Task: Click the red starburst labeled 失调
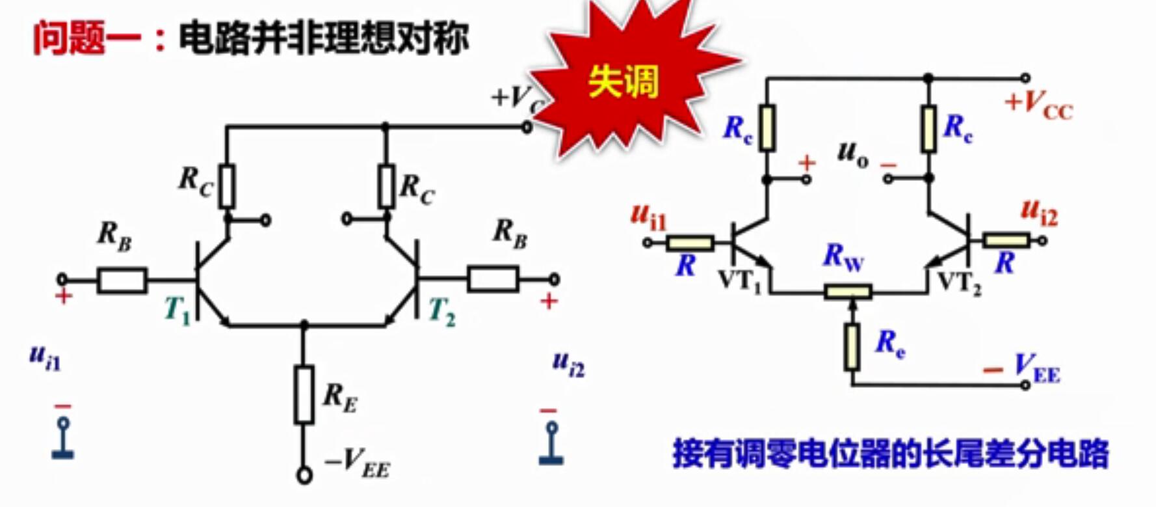click(624, 81)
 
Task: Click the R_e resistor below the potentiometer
click(852, 347)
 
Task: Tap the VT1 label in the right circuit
click(739, 281)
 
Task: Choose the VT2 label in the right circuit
click(959, 282)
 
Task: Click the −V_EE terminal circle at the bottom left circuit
click(304, 476)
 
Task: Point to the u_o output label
click(852, 154)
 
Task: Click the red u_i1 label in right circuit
click(648, 216)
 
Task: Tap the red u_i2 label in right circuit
click(1039, 212)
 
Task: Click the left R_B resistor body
click(122, 281)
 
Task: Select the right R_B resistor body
click(493, 279)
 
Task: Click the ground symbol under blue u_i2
click(551, 445)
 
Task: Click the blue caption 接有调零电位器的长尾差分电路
click(890, 454)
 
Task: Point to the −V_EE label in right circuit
click(1023, 370)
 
